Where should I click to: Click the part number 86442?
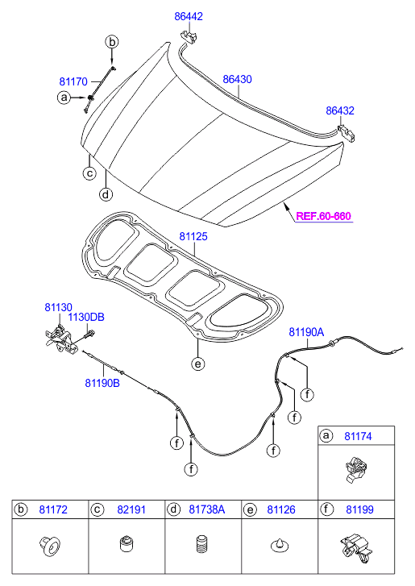pyautogui.click(x=189, y=16)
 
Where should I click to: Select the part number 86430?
pyautogui.click(x=237, y=79)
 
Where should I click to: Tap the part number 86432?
pyautogui.click(x=340, y=110)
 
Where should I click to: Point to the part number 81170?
pyautogui.click(x=73, y=81)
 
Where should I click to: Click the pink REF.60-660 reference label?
pyautogui.click(x=323, y=216)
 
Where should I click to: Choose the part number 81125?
pyautogui.click(x=193, y=236)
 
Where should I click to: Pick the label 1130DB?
pyautogui.click(x=86, y=318)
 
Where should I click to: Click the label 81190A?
pyautogui.click(x=306, y=332)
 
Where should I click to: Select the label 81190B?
pyautogui.click(x=102, y=383)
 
